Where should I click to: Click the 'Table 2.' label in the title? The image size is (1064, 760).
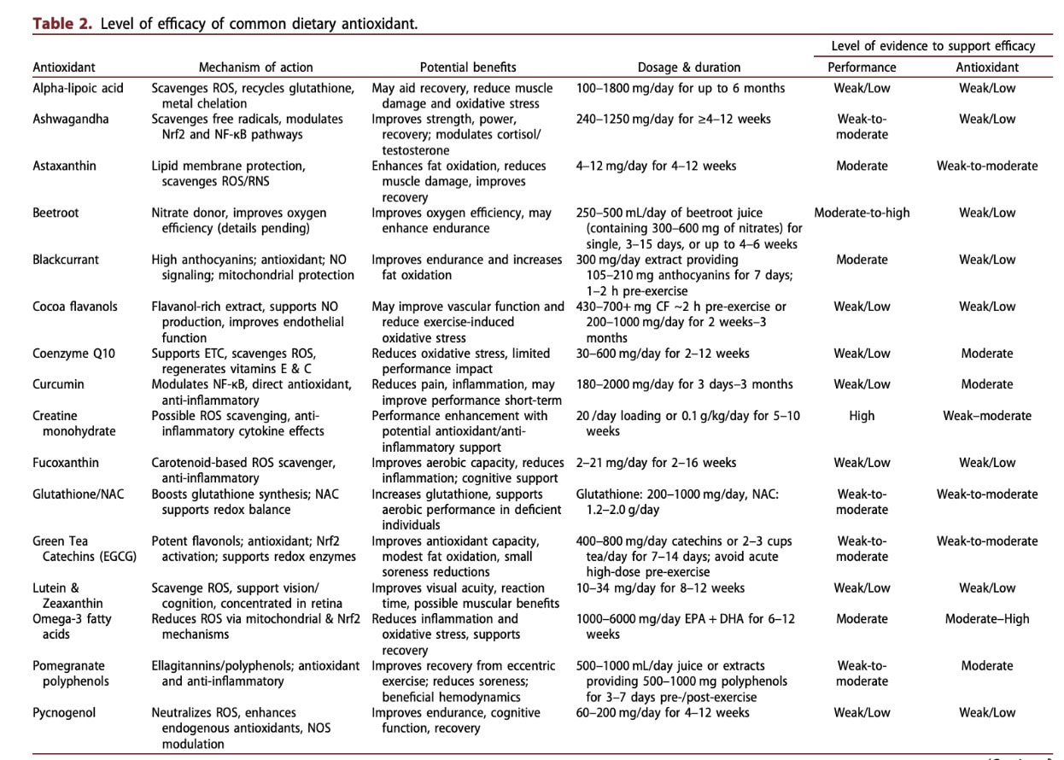point(63,23)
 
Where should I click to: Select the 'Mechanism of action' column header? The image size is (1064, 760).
point(255,67)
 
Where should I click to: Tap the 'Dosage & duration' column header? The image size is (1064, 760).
point(689,67)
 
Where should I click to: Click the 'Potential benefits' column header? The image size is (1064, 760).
point(468,67)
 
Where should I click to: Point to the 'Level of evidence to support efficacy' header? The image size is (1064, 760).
point(933,46)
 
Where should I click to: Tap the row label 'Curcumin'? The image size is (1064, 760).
point(58,384)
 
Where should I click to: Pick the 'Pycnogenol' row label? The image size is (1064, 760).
point(64,712)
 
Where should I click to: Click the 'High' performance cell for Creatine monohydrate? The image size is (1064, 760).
point(862,416)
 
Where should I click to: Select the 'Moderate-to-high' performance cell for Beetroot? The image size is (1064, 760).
point(862,213)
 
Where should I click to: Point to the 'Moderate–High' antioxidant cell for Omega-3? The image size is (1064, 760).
point(987,619)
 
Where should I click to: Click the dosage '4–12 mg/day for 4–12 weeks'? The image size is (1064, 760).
point(656,166)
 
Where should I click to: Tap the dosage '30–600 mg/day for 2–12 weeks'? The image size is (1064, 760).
point(663,354)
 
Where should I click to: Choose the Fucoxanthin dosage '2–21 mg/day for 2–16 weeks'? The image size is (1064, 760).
point(656,463)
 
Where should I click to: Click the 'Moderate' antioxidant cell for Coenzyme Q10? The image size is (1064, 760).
point(987,354)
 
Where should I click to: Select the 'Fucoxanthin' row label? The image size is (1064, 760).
point(66,463)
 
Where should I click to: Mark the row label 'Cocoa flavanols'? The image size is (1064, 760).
point(75,307)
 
